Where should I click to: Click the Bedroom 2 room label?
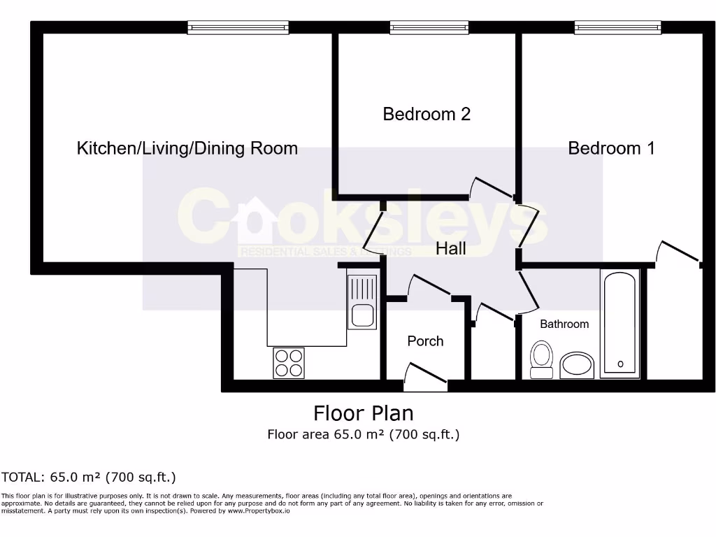tap(427, 114)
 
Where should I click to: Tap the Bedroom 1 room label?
tap(611, 148)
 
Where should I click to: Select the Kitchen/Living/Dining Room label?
tap(187, 148)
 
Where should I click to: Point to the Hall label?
tap(451, 248)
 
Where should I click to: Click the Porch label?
tap(425, 341)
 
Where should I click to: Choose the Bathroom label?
tap(564, 324)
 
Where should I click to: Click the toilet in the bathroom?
tap(540, 359)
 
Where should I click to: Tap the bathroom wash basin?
tap(578, 365)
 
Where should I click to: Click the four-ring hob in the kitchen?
tap(289, 363)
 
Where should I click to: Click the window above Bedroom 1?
tap(617, 27)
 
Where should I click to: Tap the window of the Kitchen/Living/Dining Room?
tap(238, 27)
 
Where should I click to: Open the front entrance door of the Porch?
tap(425, 375)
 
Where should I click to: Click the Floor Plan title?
tap(363, 413)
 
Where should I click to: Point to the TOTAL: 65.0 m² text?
tap(89, 478)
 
